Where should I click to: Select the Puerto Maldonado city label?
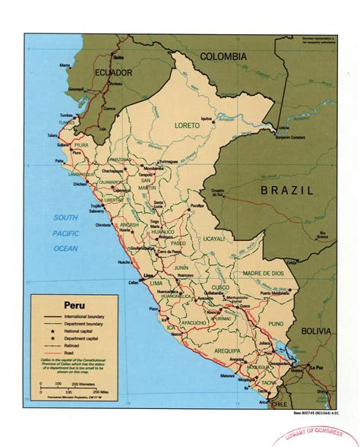(x=276, y=290)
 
